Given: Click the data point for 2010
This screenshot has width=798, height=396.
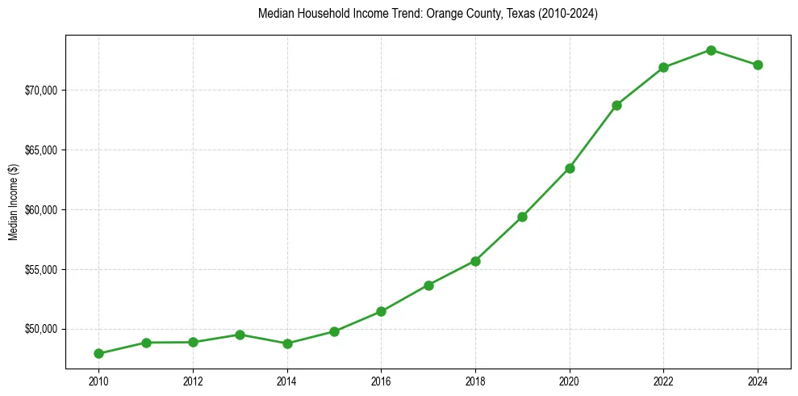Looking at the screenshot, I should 98,353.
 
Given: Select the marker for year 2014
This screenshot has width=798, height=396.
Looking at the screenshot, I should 287,343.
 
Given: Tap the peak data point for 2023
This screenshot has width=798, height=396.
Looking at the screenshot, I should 711,50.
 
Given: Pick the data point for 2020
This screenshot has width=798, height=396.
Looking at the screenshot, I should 570,168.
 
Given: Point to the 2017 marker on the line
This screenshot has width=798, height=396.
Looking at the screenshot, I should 428,285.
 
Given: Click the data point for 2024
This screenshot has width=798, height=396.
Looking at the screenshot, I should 758,65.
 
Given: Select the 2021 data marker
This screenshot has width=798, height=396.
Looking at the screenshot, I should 616,105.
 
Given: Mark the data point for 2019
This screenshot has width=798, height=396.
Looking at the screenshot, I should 522,217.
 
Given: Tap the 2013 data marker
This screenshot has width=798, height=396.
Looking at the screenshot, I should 240,335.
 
